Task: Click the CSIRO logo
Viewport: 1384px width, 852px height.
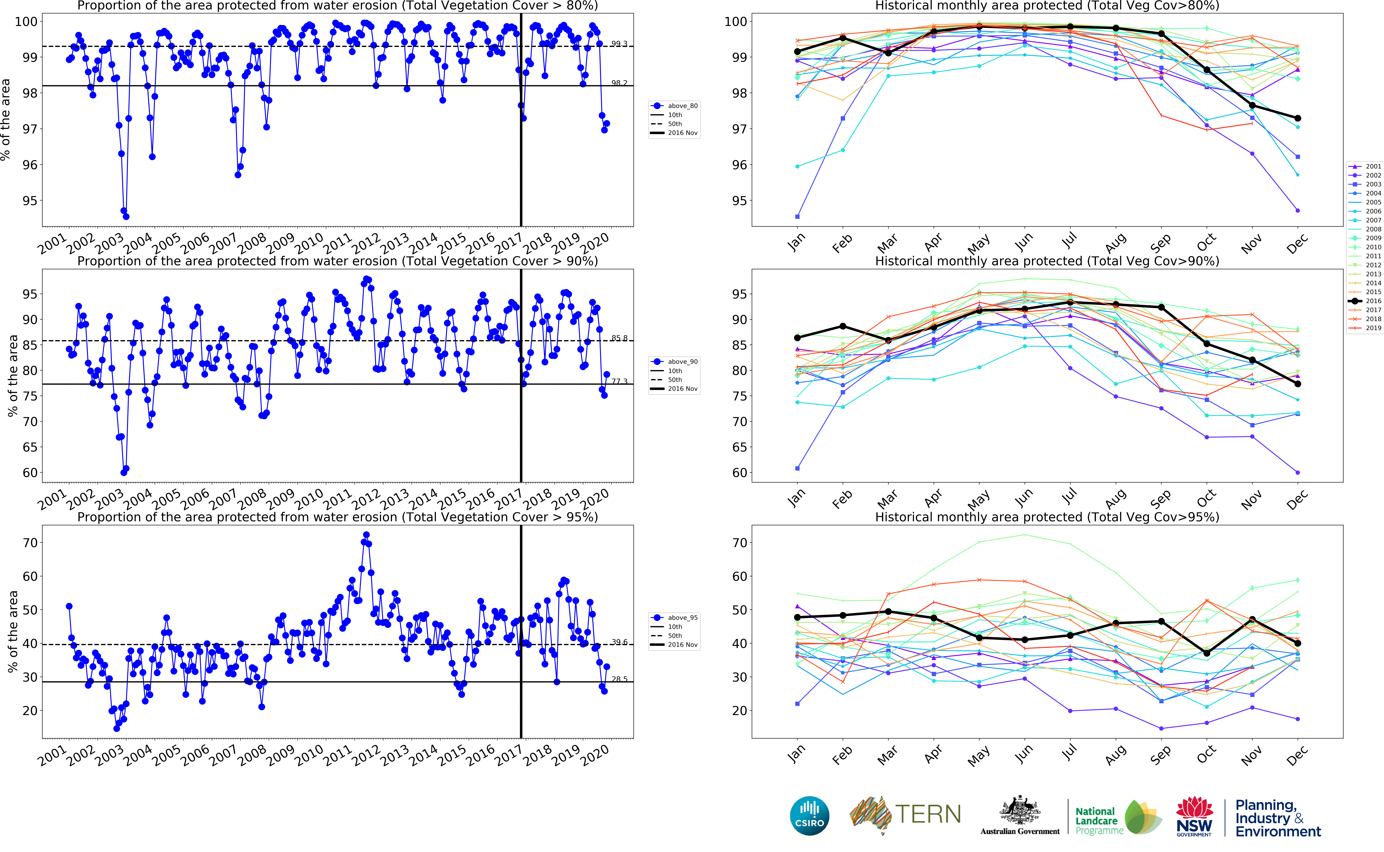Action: click(810, 816)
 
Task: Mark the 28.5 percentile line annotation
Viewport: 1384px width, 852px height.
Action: click(619, 679)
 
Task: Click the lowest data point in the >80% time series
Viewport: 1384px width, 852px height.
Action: click(126, 216)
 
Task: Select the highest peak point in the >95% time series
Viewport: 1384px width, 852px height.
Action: click(366, 535)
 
